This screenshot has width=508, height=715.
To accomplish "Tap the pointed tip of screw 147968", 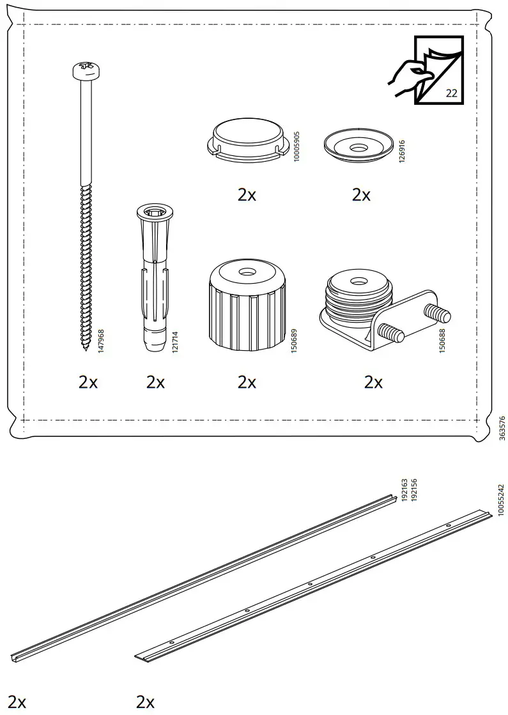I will [84, 350].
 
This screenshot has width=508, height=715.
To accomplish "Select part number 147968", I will [100, 342].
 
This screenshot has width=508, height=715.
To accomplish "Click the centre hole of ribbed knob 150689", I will [246, 272].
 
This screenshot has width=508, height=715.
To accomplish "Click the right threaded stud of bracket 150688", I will [440, 314].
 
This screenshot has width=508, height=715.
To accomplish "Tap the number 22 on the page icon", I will [451, 93].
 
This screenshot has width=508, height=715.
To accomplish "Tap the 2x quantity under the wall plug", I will [155, 382].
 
